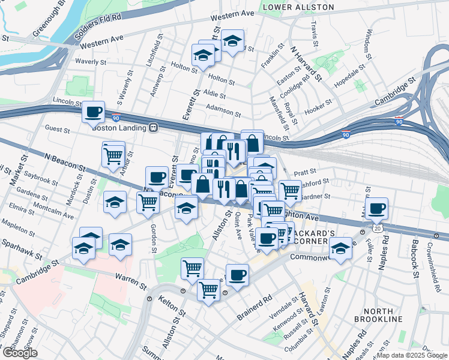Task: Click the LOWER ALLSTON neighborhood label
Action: coord(298,7)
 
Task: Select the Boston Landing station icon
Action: coord(154,127)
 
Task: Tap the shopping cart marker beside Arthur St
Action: coord(113,155)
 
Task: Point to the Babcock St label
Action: coord(415,259)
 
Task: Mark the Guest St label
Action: coord(58,128)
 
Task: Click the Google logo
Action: coord(20,353)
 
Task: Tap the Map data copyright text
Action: coord(412,355)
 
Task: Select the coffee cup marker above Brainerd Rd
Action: coord(237,275)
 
